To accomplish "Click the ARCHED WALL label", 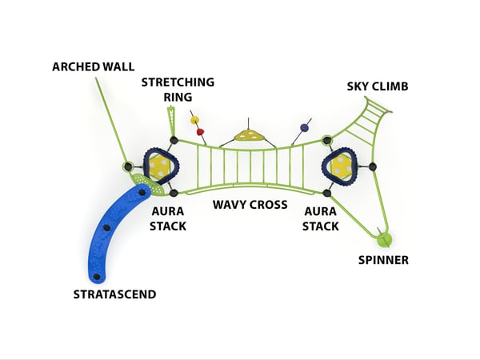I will pos(94,66).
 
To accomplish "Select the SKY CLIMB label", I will pos(378,86).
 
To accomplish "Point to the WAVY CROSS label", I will pos(250,205).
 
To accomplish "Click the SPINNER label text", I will pos(382,260).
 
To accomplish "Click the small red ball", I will pos(201,130).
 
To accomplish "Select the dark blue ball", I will pos(304,127).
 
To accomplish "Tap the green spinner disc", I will pos(384,238).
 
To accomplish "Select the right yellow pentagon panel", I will pos(342,167).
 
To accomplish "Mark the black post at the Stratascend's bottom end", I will pos(97,277).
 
